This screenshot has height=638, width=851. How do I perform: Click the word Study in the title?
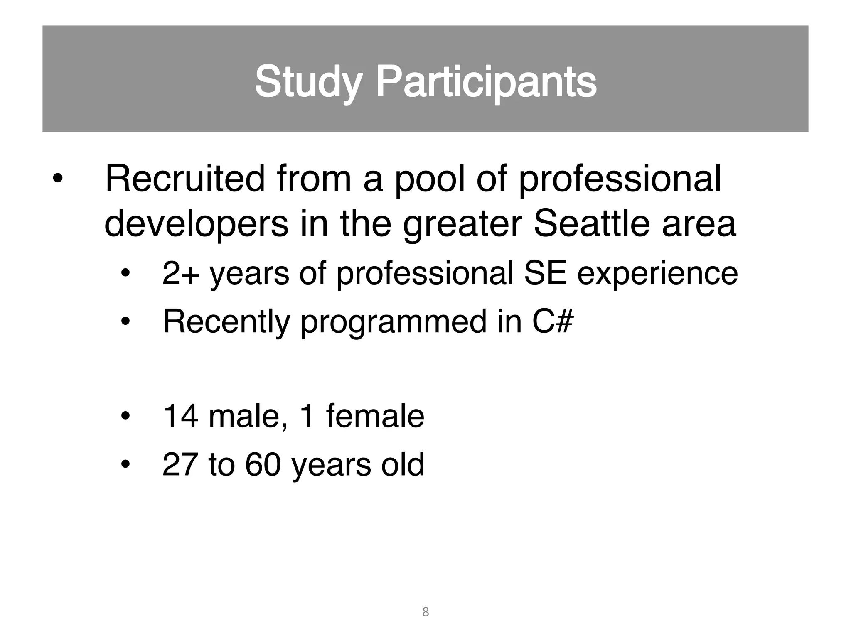[x=307, y=81]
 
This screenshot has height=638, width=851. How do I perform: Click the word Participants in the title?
[x=486, y=81]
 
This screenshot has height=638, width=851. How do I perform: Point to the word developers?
[x=196, y=224]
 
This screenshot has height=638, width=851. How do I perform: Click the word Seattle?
[x=591, y=224]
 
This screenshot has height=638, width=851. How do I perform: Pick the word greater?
[x=462, y=224]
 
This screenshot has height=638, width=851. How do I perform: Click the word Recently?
[x=226, y=321]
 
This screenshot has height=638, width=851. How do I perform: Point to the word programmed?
[x=393, y=322]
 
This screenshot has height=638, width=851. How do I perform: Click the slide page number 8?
[x=425, y=612]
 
